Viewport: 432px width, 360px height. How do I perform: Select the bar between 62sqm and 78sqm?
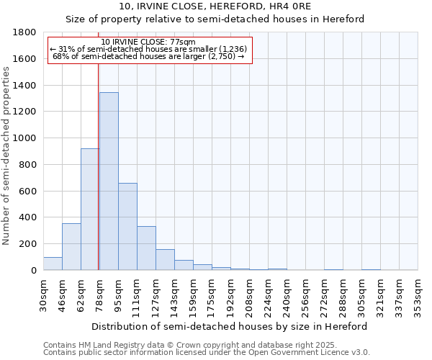pyautogui.click(x=90, y=210)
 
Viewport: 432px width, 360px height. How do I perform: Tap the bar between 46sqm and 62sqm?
pyautogui.click(x=71, y=247)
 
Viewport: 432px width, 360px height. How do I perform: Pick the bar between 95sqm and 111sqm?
pyautogui.click(x=127, y=227)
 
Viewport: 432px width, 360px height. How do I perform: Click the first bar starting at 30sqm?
pyautogui.click(x=53, y=264)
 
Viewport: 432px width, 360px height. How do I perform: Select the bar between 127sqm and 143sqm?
pyautogui.click(x=165, y=260)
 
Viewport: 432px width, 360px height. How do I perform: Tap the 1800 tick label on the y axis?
pyautogui.click(x=24, y=32)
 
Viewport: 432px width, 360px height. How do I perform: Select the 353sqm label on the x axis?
pyautogui.click(x=418, y=294)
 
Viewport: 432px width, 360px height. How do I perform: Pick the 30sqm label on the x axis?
pyautogui.click(x=44, y=293)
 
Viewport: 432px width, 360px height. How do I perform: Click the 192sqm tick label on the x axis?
pyautogui.click(x=231, y=294)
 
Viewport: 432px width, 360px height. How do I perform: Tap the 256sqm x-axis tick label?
pyautogui.click(x=306, y=294)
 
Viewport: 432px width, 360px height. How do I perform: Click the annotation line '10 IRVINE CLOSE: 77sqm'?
pyautogui.click(x=148, y=42)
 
